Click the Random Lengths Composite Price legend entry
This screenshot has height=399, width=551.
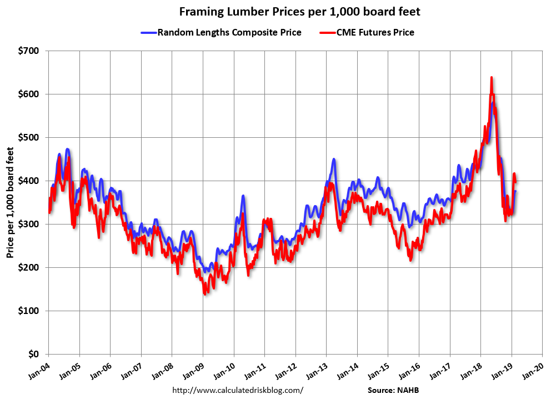tap(229, 32)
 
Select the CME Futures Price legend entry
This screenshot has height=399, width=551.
tap(375, 32)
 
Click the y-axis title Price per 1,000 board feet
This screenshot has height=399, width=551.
tap(11, 202)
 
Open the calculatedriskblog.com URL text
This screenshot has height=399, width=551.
tap(238, 390)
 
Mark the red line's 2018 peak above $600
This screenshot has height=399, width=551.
tap(492, 78)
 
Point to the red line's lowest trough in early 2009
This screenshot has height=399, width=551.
tap(205, 293)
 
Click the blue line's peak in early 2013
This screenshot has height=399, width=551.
tap(334, 159)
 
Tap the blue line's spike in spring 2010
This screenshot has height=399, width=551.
tap(243, 196)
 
